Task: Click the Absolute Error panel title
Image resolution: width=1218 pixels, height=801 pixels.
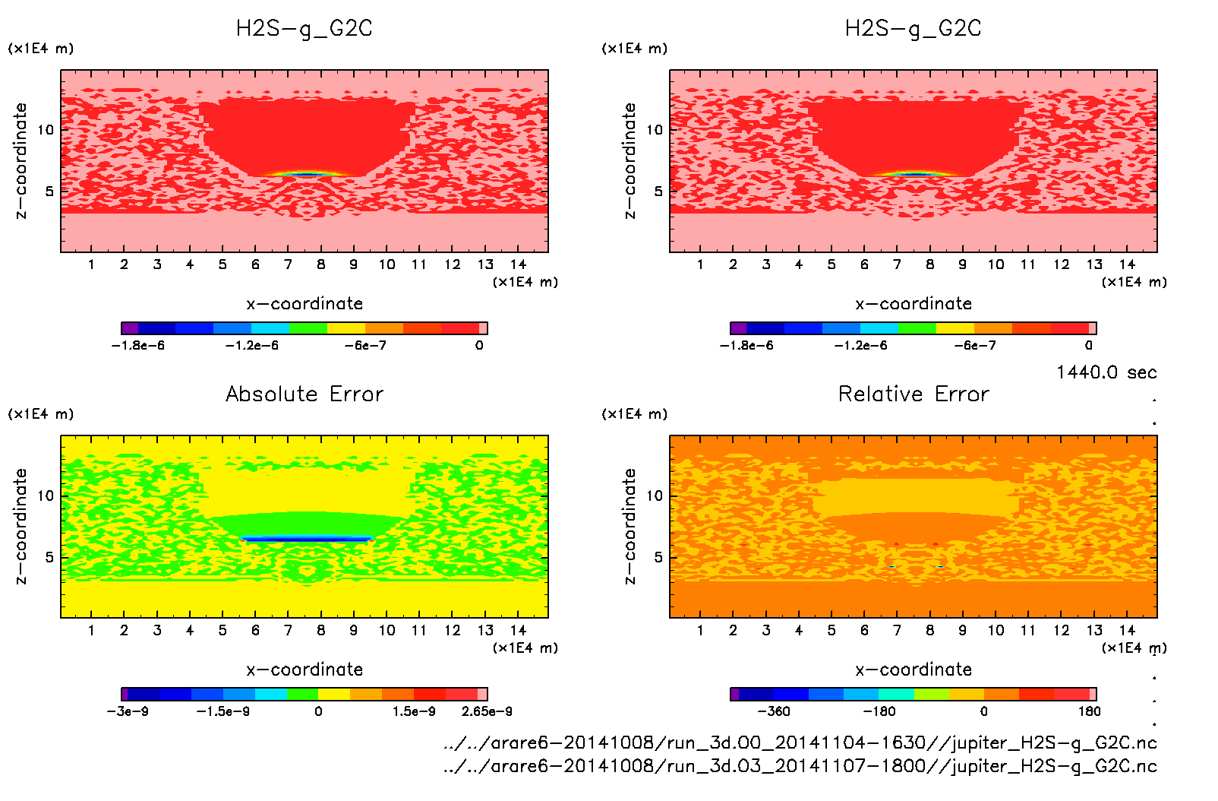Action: [304, 394]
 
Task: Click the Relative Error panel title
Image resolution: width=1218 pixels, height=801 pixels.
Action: [913, 394]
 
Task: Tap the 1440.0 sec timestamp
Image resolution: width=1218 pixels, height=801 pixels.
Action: [1106, 372]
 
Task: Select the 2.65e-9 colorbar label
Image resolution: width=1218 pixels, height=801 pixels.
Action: [487, 711]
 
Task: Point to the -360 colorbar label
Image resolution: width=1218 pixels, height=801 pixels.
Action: [773, 711]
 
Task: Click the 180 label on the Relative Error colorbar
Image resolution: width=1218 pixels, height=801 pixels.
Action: [1089, 711]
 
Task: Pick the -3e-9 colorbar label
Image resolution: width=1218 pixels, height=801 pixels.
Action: [128, 711]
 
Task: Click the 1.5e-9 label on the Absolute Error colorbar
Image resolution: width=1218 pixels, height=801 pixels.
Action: [414, 711]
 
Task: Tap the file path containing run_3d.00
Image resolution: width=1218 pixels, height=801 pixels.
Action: [800, 742]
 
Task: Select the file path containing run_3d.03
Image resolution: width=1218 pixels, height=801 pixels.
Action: [800, 765]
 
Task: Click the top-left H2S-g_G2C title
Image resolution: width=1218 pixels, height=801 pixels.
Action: [304, 29]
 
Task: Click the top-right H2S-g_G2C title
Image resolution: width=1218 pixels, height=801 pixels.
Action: [913, 29]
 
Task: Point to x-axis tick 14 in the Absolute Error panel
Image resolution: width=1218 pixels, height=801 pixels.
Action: [518, 630]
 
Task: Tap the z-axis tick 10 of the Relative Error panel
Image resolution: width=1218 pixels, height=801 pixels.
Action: [654, 496]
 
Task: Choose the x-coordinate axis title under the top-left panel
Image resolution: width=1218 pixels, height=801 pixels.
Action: [304, 304]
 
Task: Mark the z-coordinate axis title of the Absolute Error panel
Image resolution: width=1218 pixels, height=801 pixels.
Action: [21, 526]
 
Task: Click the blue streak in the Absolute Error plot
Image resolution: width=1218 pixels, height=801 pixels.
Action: [307, 539]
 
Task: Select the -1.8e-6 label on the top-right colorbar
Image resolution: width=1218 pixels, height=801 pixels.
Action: [746, 346]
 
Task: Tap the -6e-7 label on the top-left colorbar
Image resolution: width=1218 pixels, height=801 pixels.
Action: [365, 346]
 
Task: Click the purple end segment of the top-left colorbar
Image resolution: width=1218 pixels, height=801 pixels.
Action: [130, 328]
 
